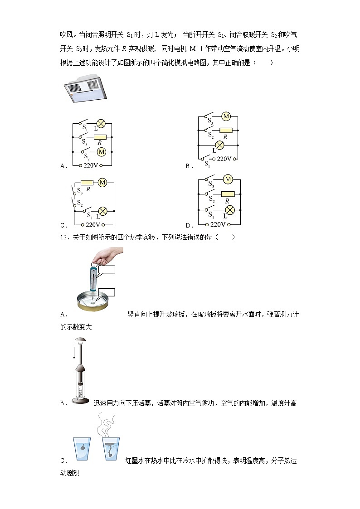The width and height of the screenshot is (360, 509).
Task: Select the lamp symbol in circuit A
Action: pyautogui.click(x=101, y=123)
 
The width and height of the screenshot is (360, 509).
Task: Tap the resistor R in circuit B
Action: pyautogui.click(x=225, y=131)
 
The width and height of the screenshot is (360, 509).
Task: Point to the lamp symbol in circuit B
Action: pyautogui.click(x=220, y=145)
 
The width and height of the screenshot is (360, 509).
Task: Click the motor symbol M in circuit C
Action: pyautogui.click(x=102, y=183)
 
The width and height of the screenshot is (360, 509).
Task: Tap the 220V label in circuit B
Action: pyautogui.click(x=224, y=159)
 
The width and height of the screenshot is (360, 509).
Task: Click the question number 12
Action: pyautogui.click(x=63, y=237)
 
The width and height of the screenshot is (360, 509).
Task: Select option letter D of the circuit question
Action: pyautogui.click(x=190, y=225)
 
